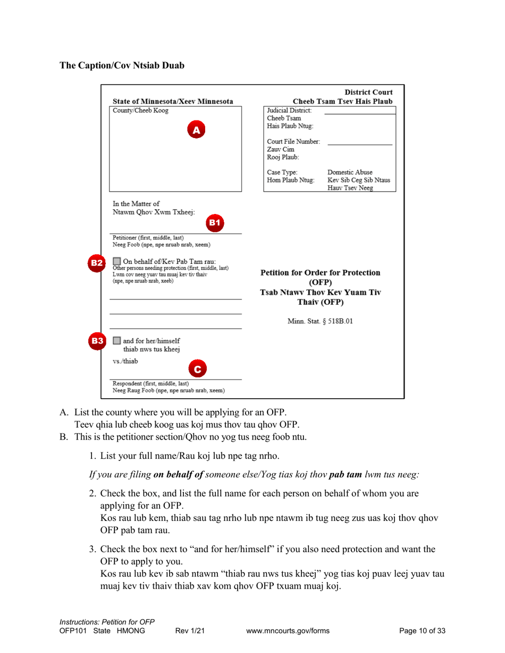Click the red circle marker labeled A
196,129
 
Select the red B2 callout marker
96,262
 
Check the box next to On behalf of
116,261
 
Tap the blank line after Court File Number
359,144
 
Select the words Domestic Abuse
350,173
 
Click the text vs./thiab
125,361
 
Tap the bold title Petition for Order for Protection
320,272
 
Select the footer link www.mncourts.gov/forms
288,631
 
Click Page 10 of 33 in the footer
422,631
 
